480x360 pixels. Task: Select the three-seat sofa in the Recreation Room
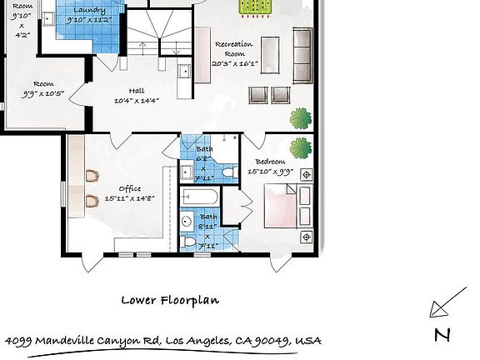coord(302,52)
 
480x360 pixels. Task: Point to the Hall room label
coord(137,92)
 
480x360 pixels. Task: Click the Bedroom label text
coord(271,162)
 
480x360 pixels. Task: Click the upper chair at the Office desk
coord(91,175)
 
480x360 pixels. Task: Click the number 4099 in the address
coord(19,342)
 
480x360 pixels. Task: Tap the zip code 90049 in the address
coord(276,342)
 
